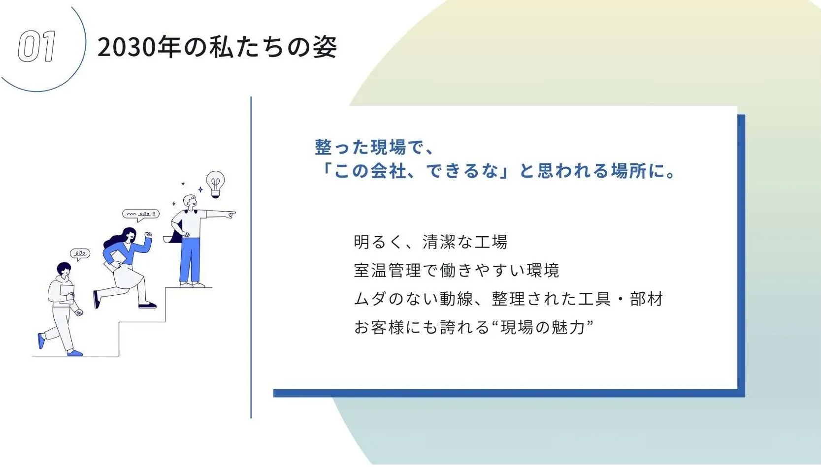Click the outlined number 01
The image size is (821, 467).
coord(37,47)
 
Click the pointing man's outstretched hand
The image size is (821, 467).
coord(230,215)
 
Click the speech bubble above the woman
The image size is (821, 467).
coord(141,214)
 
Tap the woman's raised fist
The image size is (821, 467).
coord(148,235)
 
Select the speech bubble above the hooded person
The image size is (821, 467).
coord(80,254)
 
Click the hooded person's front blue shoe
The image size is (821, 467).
coord(75,352)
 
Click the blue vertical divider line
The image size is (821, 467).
coord(251,256)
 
